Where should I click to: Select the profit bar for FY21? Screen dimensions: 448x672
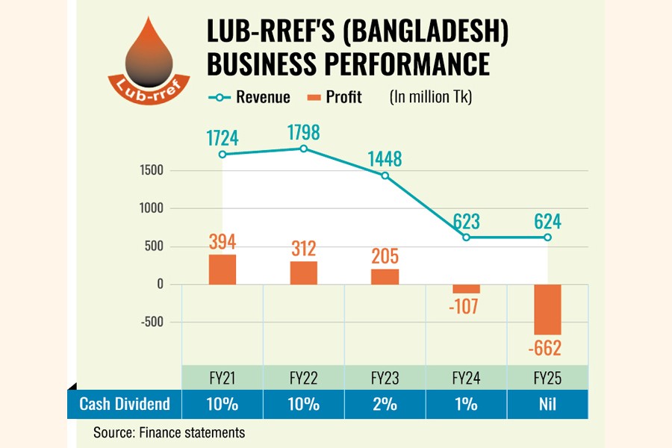(x=222, y=270)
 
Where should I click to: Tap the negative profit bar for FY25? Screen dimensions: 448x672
(x=547, y=309)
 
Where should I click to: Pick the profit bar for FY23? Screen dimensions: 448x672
(x=385, y=276)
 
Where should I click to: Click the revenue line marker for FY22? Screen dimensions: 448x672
(x=303, y=149)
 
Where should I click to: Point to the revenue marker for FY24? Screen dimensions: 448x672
(x=466, y=237)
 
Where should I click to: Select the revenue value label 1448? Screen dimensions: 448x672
(x=385, y=159)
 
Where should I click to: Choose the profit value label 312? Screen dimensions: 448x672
(x=303, y=247)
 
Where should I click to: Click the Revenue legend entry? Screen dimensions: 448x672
(x=246, y=97)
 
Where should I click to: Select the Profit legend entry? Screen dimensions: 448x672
(x=332, y=97)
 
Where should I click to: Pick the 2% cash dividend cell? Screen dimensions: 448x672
(x=385, y=404)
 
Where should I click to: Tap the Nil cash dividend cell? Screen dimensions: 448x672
(x=547, y=404)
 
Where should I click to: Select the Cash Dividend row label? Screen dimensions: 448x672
(x=125, y=404)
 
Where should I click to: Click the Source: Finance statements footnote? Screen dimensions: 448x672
(x=169, y=432)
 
